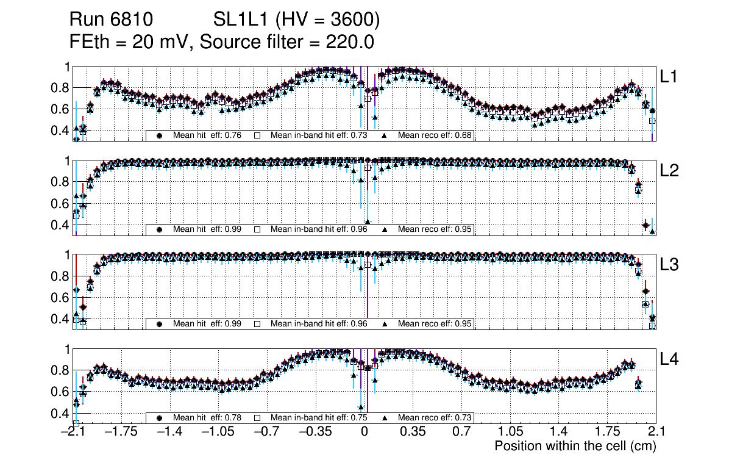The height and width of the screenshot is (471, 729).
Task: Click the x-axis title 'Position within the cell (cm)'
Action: tap(575, 446)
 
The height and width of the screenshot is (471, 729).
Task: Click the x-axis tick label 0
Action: tap(364, 432)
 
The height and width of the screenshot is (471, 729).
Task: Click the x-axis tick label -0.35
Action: tap(315, 432)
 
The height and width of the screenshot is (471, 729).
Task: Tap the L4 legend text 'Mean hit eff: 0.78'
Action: tap(207, 418)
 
